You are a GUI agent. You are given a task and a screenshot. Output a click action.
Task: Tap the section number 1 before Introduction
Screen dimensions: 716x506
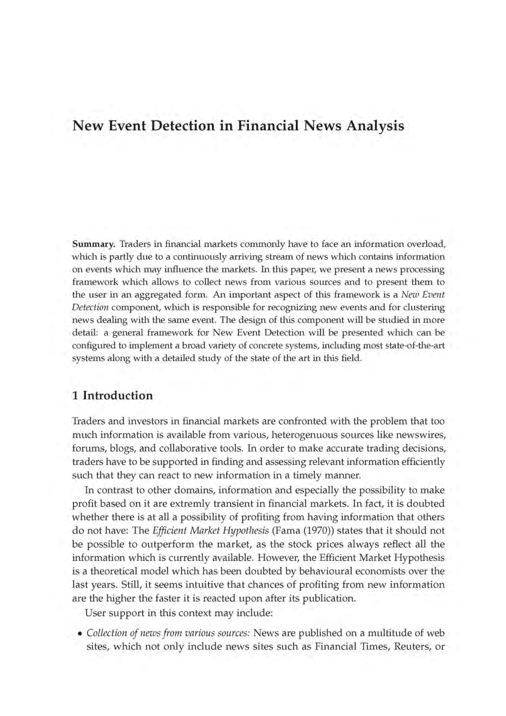[x=75, y=396]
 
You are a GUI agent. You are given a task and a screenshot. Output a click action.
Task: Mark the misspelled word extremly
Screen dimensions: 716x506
[x=183, y=503]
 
